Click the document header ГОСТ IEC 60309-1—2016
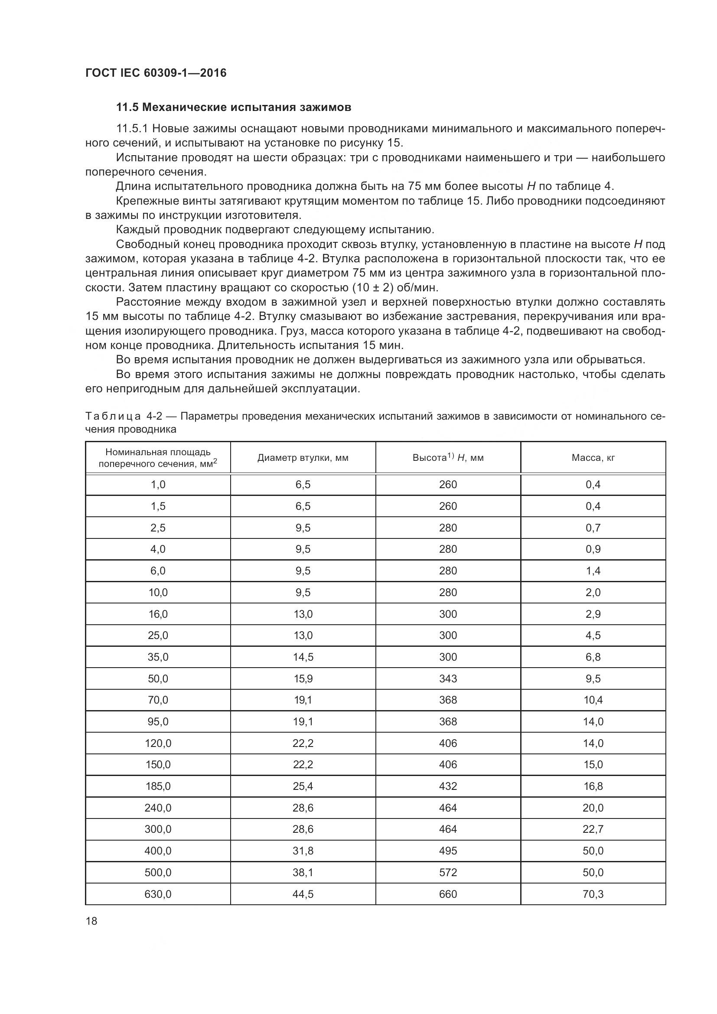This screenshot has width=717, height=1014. [156, 73]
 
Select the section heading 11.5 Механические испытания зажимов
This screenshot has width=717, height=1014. [234, 108]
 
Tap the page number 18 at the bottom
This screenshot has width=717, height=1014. [91, 921]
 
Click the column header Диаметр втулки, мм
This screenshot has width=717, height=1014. [303, 457]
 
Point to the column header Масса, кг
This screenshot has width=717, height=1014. [593, 457]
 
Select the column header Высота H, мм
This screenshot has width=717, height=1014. [448, 457]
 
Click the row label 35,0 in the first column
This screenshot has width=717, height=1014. [158, 657]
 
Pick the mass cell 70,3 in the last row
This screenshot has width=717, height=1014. [593, 894]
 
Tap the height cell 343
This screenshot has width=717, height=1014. [448, 678]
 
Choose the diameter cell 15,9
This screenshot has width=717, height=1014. [303, 678]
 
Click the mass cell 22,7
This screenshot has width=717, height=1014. [593, 829]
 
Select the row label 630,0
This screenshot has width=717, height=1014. [158, 894]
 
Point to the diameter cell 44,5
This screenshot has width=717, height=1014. [303, 894]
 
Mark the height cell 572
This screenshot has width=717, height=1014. [448, 872]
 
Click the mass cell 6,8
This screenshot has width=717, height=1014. [593, 657]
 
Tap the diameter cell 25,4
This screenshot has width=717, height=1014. [303, 786]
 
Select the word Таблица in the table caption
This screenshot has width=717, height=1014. [113, 416]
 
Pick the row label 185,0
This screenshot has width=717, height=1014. [158, 786]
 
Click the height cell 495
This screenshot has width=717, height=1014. [448, 851]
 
